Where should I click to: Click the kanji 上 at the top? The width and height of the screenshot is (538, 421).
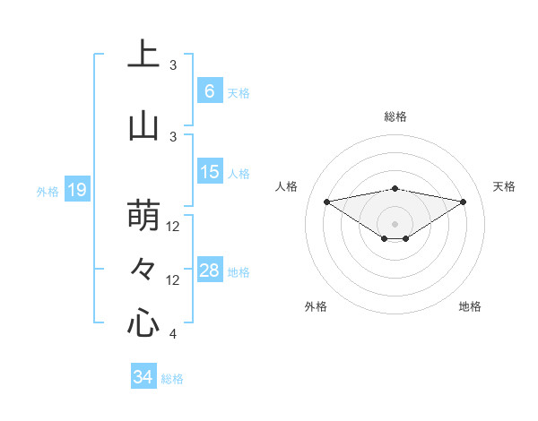click(x=143, y=55)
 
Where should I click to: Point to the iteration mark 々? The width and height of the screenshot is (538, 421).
click(x=143, y=269)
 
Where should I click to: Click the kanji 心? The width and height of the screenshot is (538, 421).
click(x=143, y=322)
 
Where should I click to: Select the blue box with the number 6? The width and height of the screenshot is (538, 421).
click(x=209, y=91)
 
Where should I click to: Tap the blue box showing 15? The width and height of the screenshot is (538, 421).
click(x=209, y=172)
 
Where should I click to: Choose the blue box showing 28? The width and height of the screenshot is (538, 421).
click(x=209, y=271)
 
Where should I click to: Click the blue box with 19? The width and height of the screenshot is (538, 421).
click(x=76, y=189)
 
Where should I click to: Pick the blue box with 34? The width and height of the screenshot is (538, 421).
click(x=143, y=377)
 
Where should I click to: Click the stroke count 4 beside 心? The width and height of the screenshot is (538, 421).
click(x=173, y=334)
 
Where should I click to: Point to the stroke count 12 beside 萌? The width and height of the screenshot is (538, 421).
click(x=174, y=227)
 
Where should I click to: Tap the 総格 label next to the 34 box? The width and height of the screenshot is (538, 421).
click(x=172, y=379)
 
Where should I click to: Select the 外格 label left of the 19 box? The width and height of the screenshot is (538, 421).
click(x=47, y=191)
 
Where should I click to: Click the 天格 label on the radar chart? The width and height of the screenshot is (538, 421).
click(x=504, y=186)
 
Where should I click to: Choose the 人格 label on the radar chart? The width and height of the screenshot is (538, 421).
click(x=287, y=186)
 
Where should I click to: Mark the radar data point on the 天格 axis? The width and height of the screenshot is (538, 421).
click(x=464, y=202)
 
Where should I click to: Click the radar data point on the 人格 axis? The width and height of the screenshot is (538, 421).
click(x=326, y=202)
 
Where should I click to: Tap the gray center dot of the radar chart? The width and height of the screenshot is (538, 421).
click(x=395, y=223)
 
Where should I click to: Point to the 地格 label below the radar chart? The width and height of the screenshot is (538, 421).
click(x=470, y=306)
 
